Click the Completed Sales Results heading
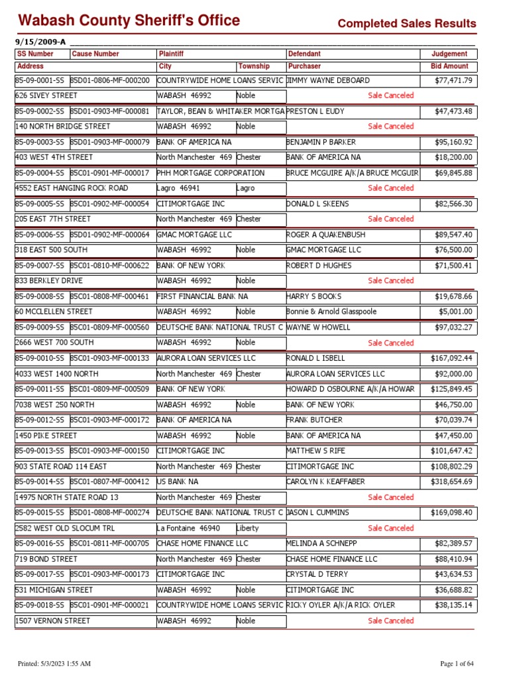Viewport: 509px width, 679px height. click(406, 24)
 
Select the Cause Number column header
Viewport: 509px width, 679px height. click(95, 54)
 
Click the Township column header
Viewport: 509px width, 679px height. click(254, 66)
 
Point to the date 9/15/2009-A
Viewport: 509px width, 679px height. click(40, 41)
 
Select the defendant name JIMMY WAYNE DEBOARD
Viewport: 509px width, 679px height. click(328, 80)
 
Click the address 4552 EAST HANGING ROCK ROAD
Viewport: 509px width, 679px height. click(72, 188)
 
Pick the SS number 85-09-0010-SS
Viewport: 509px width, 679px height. click(40, 358)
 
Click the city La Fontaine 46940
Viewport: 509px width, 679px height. click(187, 528)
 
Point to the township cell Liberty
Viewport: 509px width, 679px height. click(247, 528)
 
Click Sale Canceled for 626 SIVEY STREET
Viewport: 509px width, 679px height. click(390, 95)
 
